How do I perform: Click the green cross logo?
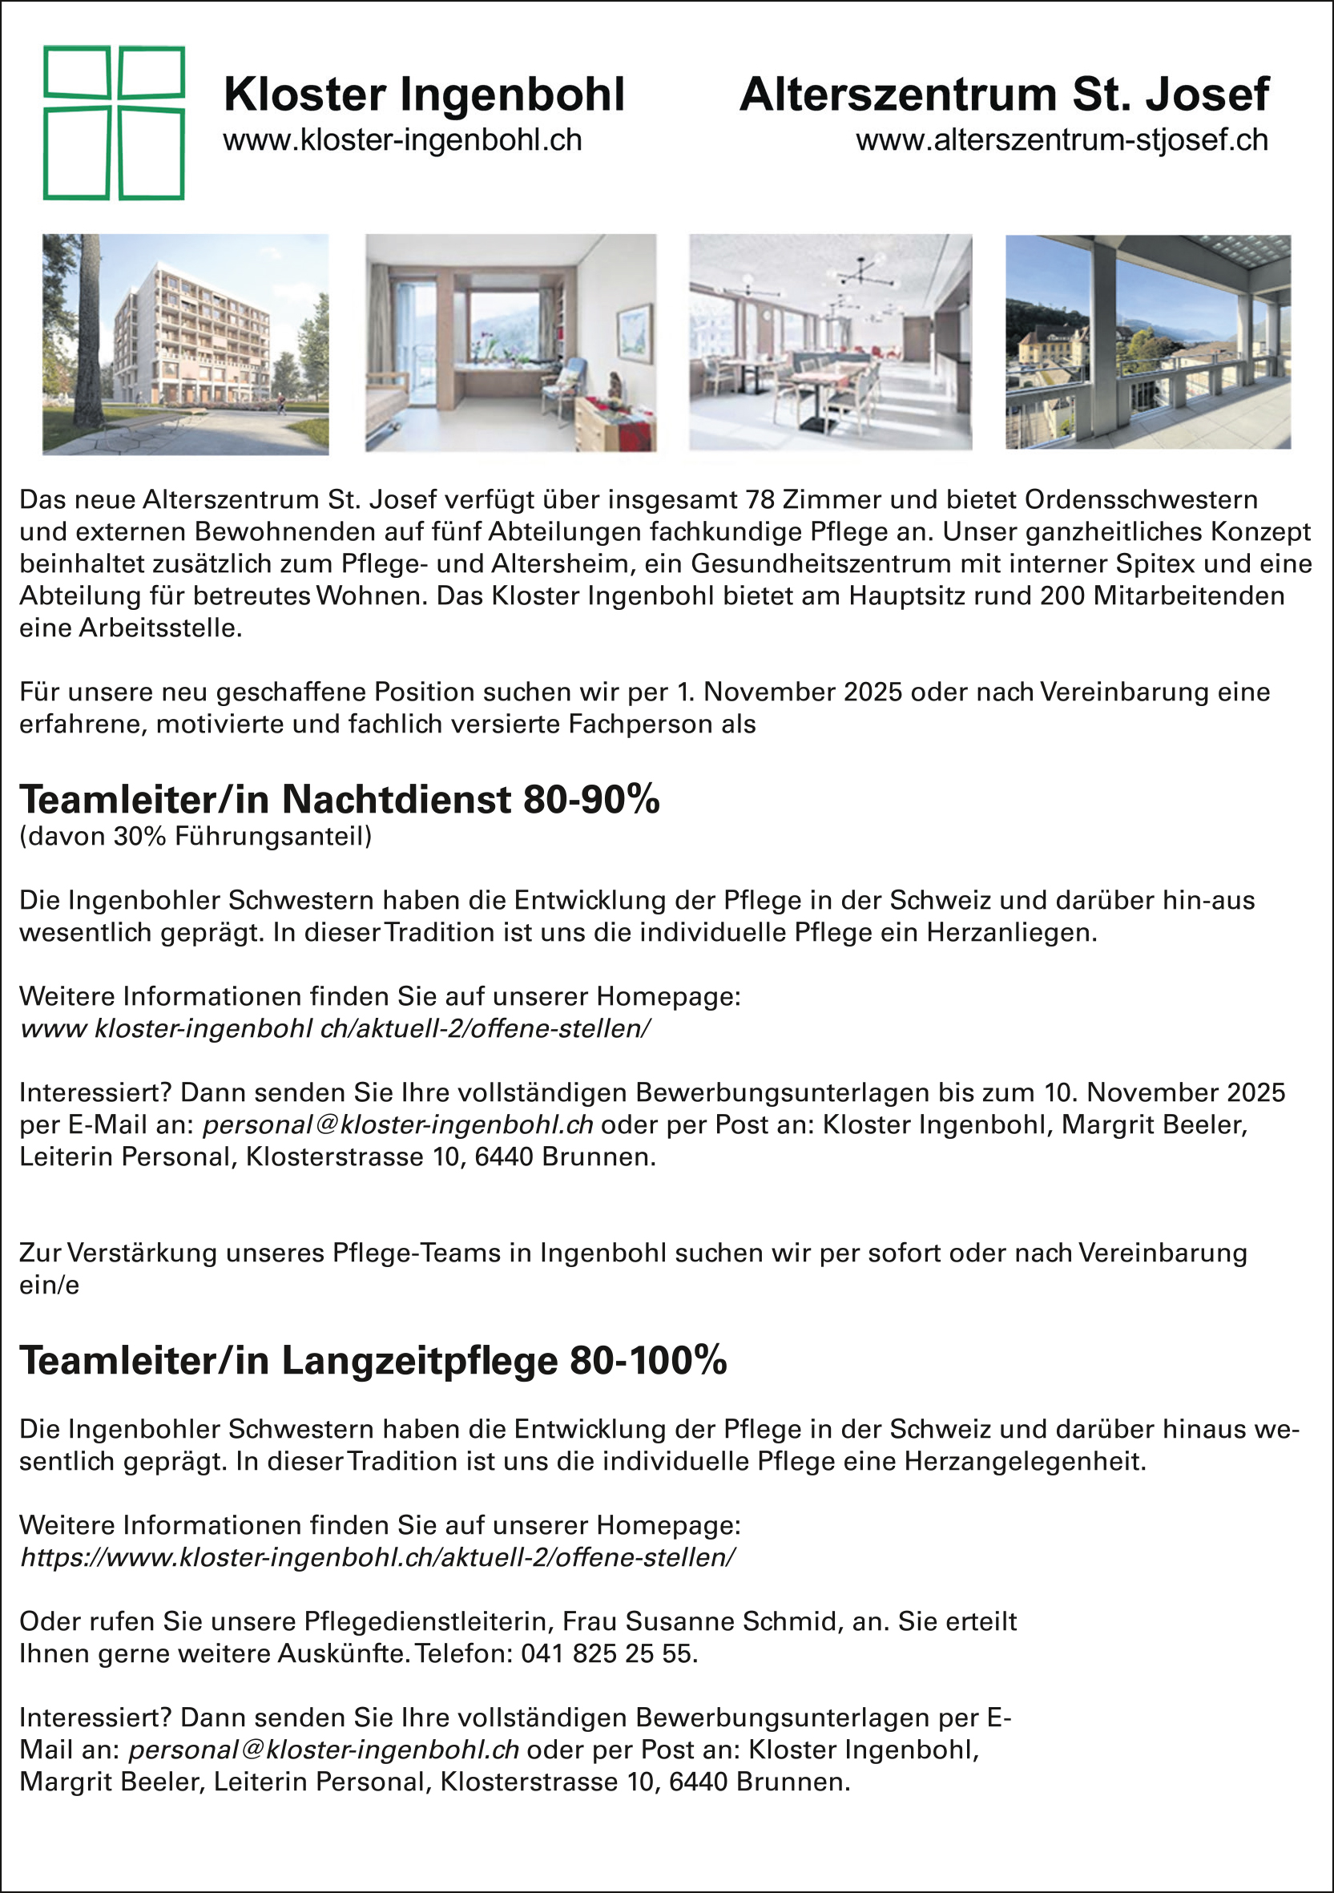[x=114, y=123]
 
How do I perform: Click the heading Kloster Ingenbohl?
[x=424, y=95]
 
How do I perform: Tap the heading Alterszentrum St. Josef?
[x=1003, y=95]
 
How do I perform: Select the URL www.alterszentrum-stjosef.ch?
[x=1061, y=141]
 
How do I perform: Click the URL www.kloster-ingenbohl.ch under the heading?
[x=402, y=141]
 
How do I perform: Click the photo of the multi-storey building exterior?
[x=186, y=344]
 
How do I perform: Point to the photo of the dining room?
[x=830, y=342]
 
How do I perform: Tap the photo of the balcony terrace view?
[x=1147, y=342]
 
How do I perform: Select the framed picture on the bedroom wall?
[x=634, y=333]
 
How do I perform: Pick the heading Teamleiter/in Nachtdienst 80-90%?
[x=339, y=799]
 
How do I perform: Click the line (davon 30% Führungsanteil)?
[x=195, y=837]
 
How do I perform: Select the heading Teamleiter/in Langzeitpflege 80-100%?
[x=373, y=1361]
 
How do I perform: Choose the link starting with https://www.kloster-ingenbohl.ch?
[x=377, y=1557]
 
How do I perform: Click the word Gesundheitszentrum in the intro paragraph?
[x=832, y=564]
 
